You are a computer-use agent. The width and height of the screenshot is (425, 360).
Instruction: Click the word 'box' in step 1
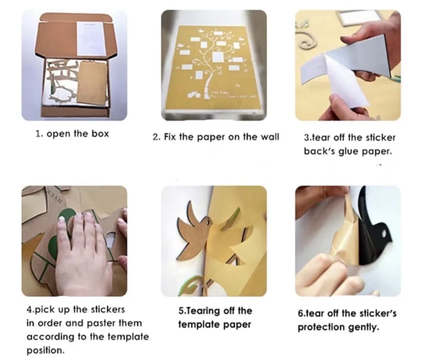coord(100,134)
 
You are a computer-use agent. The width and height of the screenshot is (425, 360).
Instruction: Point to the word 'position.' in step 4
coord(46,351)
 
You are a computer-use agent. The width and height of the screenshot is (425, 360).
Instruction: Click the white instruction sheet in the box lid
coord(91,39)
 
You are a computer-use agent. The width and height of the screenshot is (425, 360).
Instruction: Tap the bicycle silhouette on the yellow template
coord(194,95)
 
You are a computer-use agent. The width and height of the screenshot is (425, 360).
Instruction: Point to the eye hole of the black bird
coord(384,234)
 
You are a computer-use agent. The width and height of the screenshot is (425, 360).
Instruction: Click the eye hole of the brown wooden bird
coord(208,222)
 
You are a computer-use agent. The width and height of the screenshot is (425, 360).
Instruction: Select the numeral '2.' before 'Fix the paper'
coord(156,137)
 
